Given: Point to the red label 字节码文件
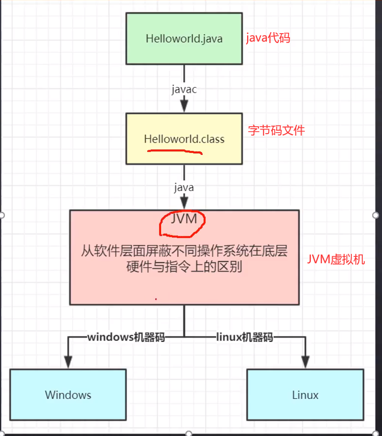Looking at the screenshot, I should (x=276, y=130).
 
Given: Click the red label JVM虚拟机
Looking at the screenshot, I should (x=336, y=259).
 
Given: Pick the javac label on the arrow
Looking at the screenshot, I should (x=184, y=90).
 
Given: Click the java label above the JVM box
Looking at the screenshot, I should (x=184, y=188).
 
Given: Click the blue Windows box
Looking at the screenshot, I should (x=68, y=394).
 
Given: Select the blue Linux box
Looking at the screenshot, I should (x=305, y=394).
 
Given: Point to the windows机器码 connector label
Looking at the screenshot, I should (x=126, y=338).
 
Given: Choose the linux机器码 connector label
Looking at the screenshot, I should (x=245, y=338).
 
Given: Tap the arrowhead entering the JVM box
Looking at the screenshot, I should (x=184, y=203).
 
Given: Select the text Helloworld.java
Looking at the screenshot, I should (x=184, y=39).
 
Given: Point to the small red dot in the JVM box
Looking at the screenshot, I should (x=156, y=299).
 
